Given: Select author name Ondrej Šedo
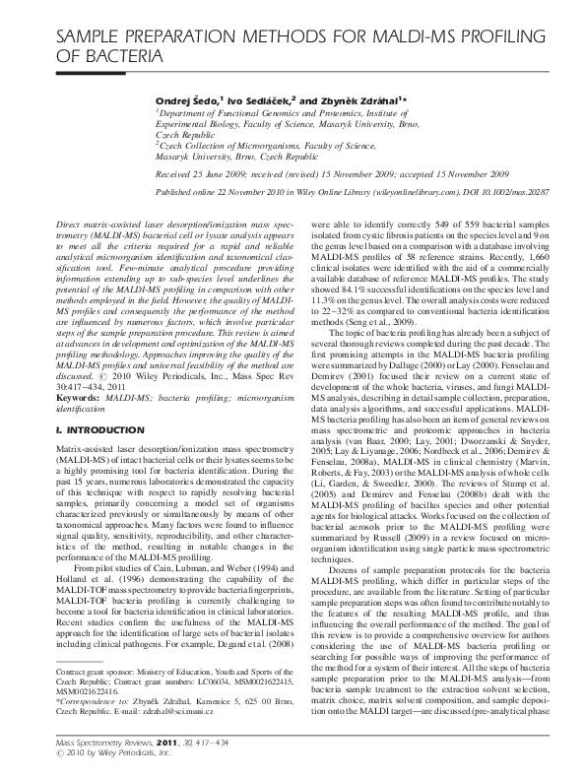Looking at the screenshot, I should point(187,100).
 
